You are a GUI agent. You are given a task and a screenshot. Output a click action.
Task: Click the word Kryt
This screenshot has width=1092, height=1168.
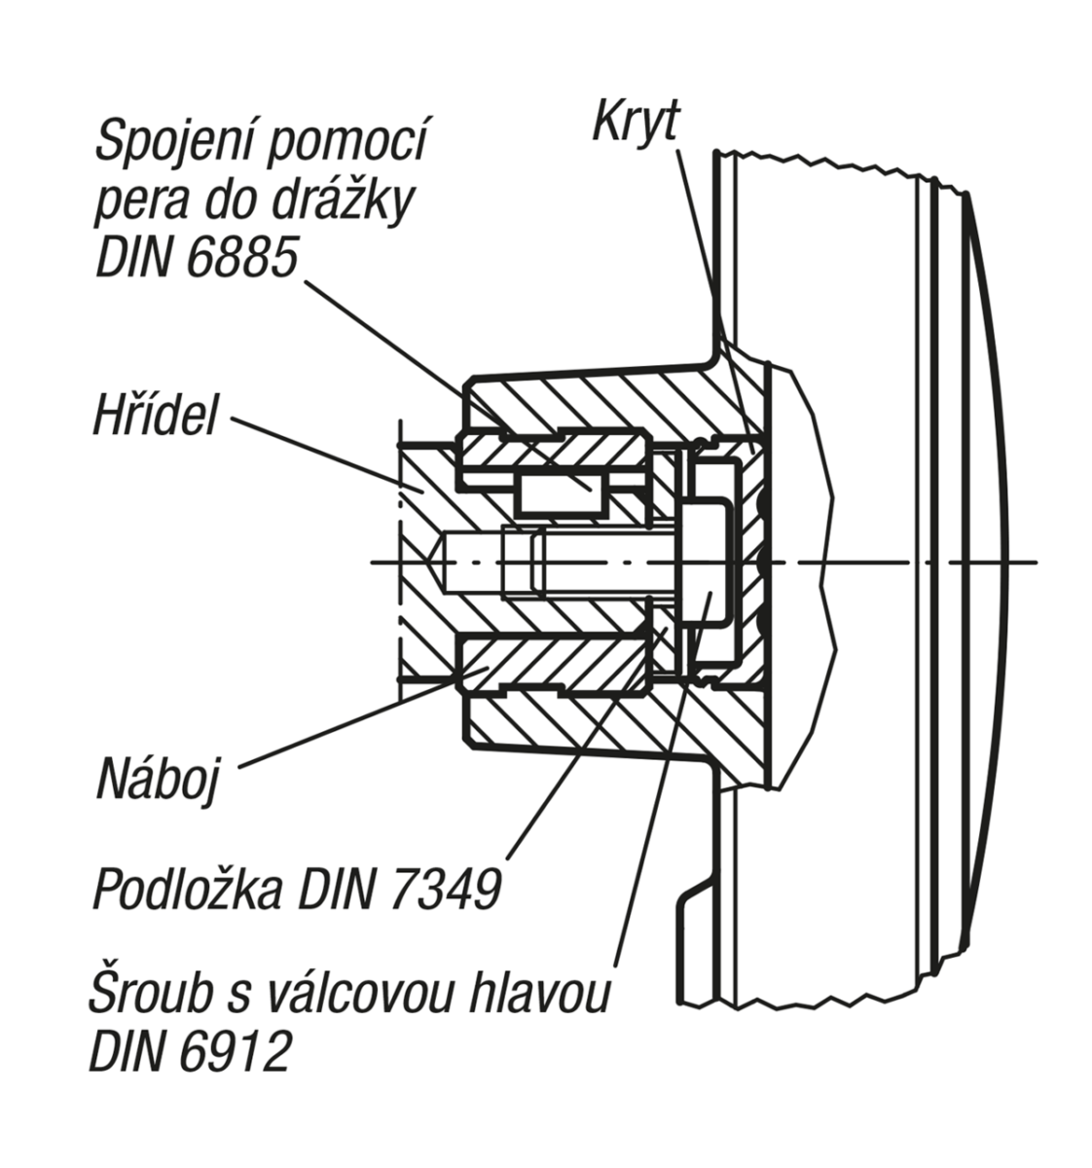[x=635, y=121]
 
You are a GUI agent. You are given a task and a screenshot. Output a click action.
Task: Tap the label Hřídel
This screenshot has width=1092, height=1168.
[x=156, y=416]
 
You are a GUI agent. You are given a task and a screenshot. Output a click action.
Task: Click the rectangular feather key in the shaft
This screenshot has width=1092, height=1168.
[x=559, y=493]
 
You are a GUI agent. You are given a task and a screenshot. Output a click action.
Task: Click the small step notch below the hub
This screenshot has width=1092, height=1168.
[x=696, y=900]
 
